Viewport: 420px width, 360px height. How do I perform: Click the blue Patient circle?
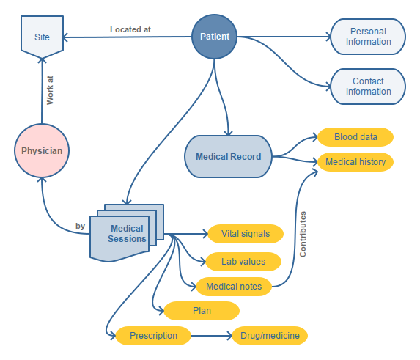point(215,37)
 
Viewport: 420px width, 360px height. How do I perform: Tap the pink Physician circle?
point(42,152)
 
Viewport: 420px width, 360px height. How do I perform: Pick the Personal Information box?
point(369,37)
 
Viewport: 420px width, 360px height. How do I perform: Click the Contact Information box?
point(369,87)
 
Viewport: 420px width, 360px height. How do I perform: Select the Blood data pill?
point(355,137)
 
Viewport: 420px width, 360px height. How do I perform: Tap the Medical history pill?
point(355,161)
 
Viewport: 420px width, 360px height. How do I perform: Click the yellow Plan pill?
point(202,311)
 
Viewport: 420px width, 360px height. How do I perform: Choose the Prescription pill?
point(153,336)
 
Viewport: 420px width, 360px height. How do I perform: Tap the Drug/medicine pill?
point(270,336)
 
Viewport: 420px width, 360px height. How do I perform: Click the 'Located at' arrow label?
point(130,30)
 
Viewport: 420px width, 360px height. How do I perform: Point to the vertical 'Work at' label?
point(50,90)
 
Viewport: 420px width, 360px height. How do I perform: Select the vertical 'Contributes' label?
point(303,234)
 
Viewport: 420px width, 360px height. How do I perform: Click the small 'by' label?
point(80,227)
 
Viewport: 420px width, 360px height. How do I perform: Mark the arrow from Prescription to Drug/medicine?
point(212,336)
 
